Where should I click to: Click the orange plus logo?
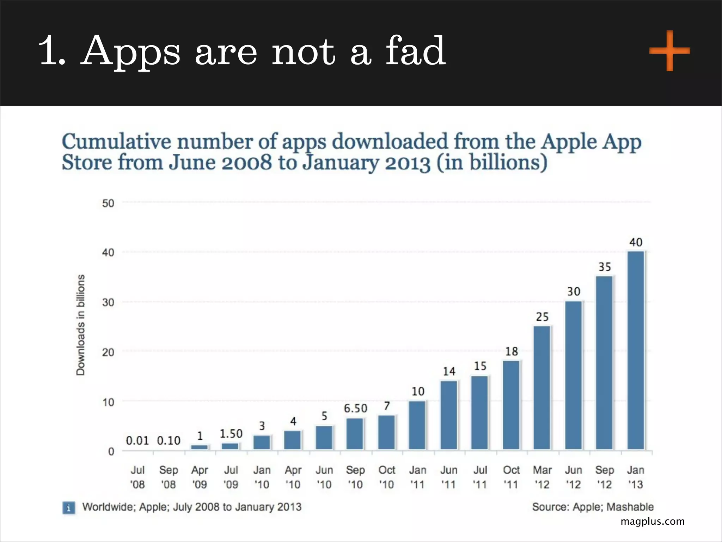669,51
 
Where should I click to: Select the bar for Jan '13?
636,350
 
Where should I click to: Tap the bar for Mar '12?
542,387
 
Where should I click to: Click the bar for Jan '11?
417,425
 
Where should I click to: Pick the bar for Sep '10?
355,434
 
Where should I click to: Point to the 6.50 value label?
355,408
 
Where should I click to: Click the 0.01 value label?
137,440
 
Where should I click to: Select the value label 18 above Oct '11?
511,351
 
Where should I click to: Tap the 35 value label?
605,267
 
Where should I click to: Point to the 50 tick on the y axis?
108,203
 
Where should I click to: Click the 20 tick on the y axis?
108,352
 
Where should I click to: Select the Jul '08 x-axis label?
137,477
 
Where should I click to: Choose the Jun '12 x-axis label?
573,477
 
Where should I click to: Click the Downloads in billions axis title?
81,325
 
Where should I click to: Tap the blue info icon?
69,508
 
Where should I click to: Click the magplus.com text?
652,521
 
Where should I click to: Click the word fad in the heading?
415,51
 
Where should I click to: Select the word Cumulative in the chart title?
116,142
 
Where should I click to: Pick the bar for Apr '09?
200,447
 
